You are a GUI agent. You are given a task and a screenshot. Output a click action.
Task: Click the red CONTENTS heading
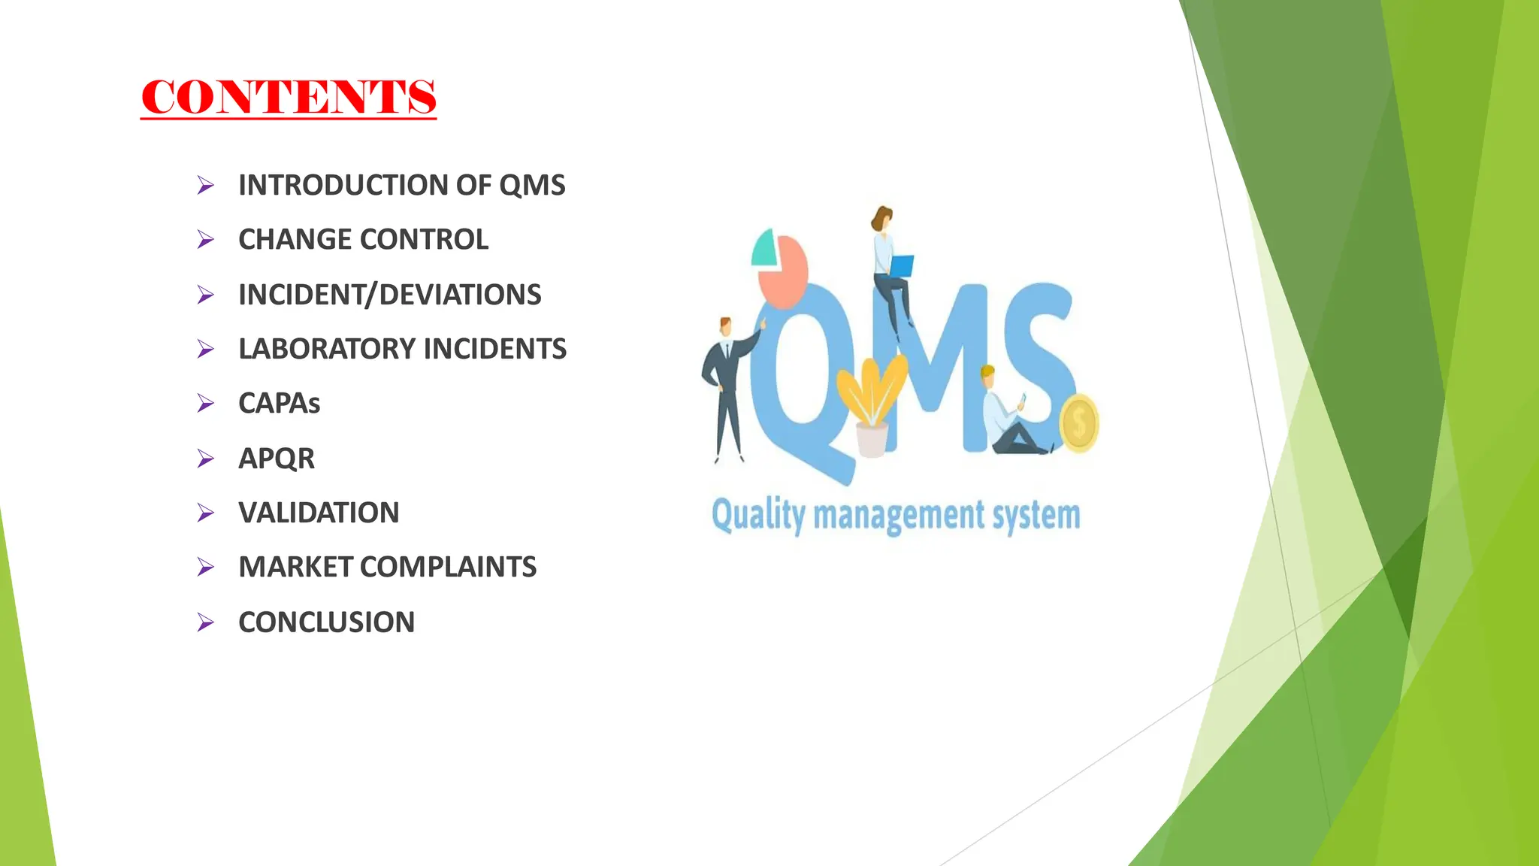coord(289,97)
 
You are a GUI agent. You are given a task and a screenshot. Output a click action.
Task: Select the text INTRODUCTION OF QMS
coord(401,185)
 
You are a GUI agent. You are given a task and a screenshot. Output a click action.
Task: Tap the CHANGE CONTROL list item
coord(363,240)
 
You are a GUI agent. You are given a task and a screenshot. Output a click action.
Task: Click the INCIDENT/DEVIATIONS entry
coord(389,295)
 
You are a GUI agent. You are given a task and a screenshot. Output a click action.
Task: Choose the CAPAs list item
coord(279,404)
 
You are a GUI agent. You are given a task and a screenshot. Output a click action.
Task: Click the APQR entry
coord(277,459)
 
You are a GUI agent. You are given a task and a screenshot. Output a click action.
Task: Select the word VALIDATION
coord(319,513)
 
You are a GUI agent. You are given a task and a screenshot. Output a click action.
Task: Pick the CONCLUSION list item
coord(326,622)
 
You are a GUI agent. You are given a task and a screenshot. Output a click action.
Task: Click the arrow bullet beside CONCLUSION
coord(205,622)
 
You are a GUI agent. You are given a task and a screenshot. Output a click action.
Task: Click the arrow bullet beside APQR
coord(205,459)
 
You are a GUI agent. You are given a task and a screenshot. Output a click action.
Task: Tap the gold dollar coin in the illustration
coord(1079,423)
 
